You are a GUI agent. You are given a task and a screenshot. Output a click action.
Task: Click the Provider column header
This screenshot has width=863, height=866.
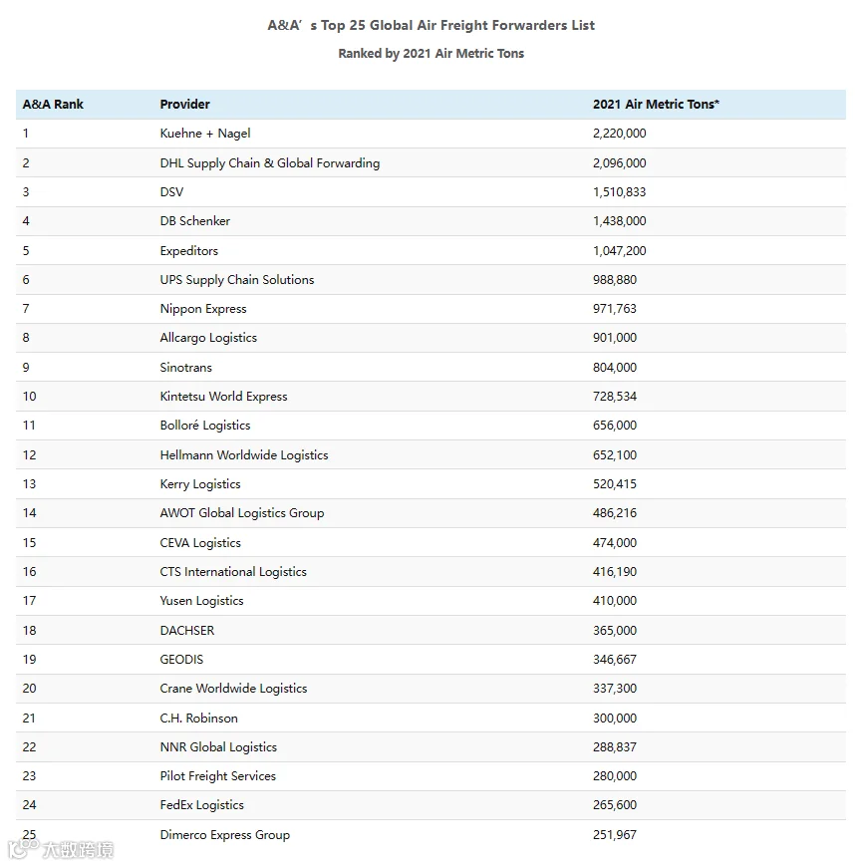[x=185, y=105]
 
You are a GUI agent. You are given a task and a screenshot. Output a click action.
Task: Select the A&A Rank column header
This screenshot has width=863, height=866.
[x=53, y=105]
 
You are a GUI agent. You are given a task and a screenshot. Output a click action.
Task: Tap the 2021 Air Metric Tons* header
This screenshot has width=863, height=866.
[x=656, y=105]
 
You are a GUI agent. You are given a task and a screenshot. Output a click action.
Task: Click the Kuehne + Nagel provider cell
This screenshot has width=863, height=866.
[x=205, y=134]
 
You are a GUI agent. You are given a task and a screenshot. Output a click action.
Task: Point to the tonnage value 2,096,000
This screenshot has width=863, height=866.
[x=619, y=163]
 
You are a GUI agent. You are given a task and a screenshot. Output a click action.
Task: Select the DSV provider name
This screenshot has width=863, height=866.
[x=171, y=192]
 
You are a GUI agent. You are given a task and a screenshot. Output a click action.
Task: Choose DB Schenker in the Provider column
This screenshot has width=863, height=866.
[x=195, y=221]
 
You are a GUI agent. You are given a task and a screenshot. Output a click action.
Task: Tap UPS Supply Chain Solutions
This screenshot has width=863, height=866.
[x=237, y=280]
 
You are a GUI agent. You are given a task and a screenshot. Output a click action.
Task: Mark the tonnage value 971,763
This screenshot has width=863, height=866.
[x=614, y=309]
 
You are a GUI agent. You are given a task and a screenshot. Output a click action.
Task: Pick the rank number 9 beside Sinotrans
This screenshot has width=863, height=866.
[x=27, y=368]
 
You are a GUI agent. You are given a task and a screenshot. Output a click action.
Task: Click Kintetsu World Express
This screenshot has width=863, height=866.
[x=223, y=397]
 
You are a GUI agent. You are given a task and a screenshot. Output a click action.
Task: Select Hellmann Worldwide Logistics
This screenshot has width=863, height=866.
[x=244, y=455]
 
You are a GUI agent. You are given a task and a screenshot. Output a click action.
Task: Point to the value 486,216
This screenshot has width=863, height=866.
[x=614, y=513]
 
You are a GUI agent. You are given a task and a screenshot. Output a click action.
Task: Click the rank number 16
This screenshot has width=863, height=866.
[x=30, y=572]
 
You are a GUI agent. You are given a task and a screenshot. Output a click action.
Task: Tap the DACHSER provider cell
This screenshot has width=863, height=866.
[x=187, y=631]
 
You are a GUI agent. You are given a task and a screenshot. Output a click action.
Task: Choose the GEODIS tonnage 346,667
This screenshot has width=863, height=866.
[x=614, y=660]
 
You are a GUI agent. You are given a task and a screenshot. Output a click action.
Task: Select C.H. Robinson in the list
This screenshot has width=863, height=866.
[x=199, y=719]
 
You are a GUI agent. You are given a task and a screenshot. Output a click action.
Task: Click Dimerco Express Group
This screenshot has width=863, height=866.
[x=225, y=835]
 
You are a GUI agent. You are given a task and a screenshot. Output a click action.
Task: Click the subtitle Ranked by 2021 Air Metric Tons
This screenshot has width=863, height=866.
[x=431, y=54]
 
